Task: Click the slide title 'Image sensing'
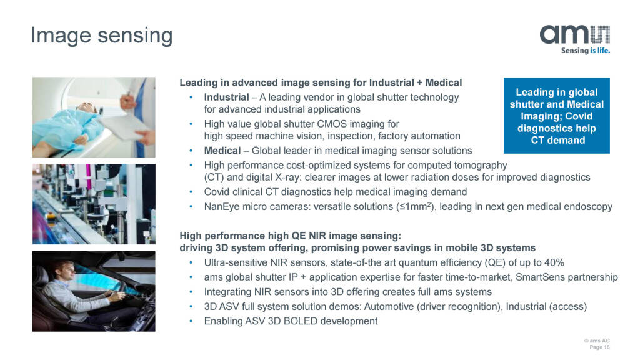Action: coord(102,36)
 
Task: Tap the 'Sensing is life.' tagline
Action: coord(585,51)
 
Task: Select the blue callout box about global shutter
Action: coord(557,116)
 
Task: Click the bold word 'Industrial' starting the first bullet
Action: coord(226,97)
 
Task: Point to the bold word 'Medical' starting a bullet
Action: coord(222,151)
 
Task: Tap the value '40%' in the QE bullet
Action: coord(554,262)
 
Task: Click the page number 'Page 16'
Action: coord(599,347)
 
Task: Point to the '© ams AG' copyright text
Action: coord(597,341)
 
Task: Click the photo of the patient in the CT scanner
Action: coord(94,117)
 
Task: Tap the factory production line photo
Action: coord(94,204)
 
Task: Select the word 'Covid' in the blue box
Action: coord(579,116)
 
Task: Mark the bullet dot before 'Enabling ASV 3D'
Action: coord(191,321)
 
